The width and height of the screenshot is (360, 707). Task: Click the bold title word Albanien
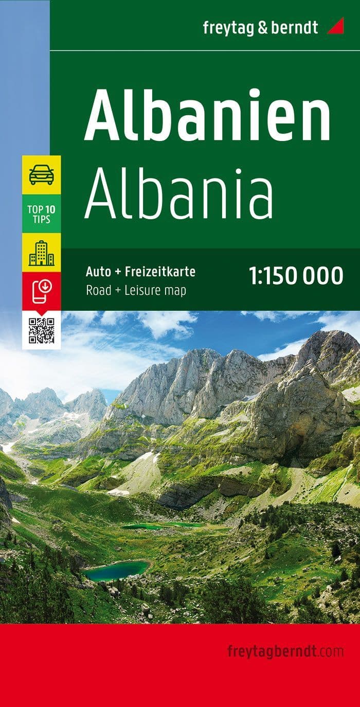point(207,114)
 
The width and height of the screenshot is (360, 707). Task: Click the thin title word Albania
point(179,193)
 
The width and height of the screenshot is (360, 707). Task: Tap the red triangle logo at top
point(335,26)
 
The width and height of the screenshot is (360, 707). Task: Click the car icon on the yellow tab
point(41,175)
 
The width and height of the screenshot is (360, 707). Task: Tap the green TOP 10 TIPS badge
point(41,214)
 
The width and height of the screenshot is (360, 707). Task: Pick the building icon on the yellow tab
point(41,252)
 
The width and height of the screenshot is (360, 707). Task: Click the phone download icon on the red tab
point(41,291)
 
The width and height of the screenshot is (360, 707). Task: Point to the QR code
point(41,330)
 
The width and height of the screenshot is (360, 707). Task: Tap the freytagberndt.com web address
point(285,651)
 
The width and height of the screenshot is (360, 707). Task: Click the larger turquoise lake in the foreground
point(116,570)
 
